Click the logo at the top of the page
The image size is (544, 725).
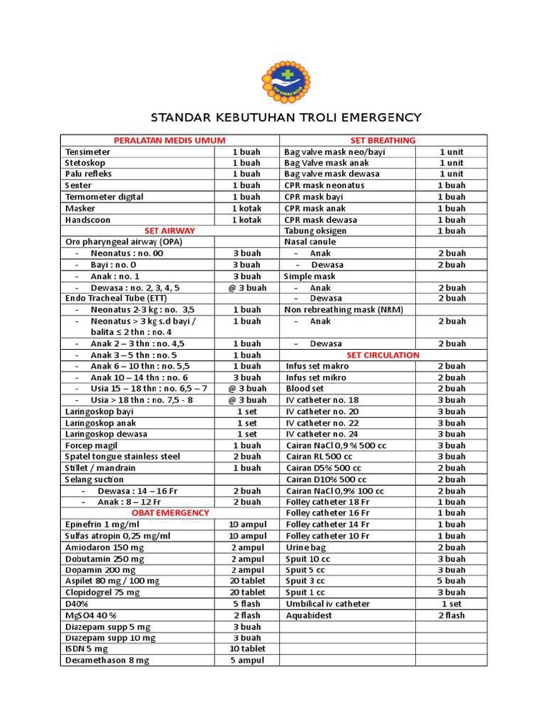(285, 82)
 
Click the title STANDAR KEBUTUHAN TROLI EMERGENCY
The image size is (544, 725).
(286, 118)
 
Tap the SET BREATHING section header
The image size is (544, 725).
(382, 140)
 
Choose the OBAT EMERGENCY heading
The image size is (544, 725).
(170, 513)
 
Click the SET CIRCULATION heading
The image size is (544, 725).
(382, 355)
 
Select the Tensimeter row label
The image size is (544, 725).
(88, 152)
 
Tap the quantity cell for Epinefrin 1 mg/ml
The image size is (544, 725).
(246, 524)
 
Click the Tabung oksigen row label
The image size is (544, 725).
(315, 231)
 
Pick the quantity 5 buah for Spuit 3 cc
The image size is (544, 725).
(451, 581)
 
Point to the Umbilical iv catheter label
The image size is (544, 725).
(327, 604)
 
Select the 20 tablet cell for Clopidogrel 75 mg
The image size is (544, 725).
(247, 592)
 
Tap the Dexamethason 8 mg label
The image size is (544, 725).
(107, 660)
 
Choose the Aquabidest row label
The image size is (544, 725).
(309, 615)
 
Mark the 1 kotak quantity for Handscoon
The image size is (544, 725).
(246, 219)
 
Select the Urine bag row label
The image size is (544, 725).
(305, 547)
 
